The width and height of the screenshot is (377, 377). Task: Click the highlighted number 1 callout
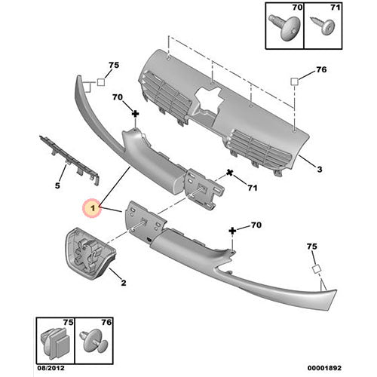pos(92,206)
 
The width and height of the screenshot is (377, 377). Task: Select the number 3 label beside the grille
pos(320,170)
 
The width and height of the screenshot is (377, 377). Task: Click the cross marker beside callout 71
pos(228,176)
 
